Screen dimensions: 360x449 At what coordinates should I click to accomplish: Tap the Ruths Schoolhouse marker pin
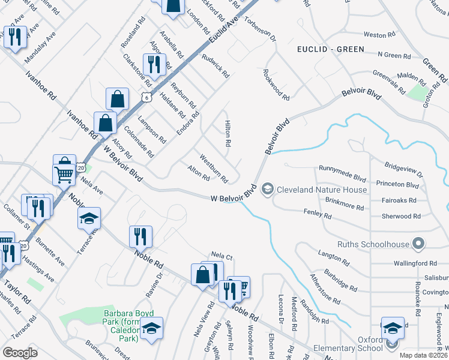tap(419, 244)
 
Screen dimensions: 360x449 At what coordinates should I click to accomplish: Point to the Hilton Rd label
tap(228, 133)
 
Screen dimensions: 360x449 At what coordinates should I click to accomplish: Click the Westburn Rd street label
tap(214, 170)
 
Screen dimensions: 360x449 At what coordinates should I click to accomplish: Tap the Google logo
tap(20, 352)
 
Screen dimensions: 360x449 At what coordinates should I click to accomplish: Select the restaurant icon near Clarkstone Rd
tap(154, 64)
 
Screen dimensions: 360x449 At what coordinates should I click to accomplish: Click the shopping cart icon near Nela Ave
tap(64, 175)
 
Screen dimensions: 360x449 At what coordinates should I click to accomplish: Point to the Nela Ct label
tap(221, 257)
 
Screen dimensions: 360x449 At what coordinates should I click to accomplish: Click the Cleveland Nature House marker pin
tap(268, 190)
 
